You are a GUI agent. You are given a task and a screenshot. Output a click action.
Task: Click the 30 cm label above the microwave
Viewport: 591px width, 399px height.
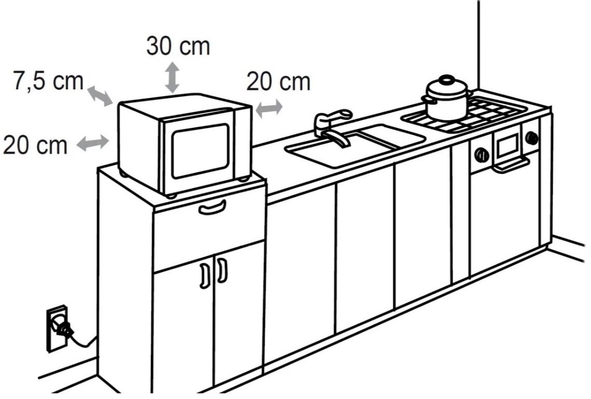pos(178,46)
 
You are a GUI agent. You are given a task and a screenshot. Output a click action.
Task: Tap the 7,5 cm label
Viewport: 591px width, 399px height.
pos(48,81)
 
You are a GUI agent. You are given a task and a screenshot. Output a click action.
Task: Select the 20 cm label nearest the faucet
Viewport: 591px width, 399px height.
pos(279,82)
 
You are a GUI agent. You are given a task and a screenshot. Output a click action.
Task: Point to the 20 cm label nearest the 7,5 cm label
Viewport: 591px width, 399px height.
pos(35,145)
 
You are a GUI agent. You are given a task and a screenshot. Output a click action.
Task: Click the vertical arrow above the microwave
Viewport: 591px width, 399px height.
pos(173,77)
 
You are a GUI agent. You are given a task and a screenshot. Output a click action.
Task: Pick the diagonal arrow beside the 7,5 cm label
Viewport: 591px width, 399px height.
pos(100,96)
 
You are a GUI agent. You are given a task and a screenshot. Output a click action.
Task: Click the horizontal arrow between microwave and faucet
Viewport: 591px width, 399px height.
pos(269,109)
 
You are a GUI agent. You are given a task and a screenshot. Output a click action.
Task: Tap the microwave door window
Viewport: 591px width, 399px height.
pos(200,150)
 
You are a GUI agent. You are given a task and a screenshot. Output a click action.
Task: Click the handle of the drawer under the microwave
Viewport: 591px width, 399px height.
pos(212,208)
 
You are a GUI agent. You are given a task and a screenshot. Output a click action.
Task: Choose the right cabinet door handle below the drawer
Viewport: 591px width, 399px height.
pos(222,270)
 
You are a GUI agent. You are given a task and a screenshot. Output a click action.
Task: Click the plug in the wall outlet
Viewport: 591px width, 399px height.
pos(63,328)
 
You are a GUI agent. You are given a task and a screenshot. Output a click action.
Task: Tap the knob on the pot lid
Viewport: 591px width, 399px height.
pos(447,79)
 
